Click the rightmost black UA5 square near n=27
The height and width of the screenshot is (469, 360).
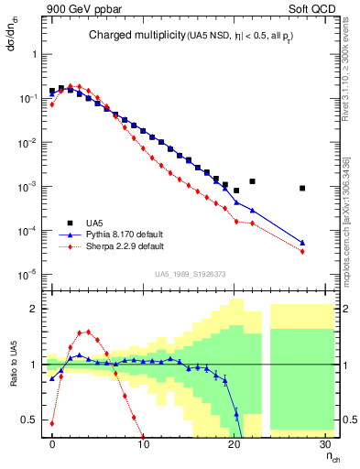coord(301,188)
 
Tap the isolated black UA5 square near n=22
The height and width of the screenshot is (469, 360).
coord(252,181)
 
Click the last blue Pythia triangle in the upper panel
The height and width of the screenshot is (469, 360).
coord(301,243)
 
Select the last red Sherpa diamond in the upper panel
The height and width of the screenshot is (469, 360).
coord(301,251)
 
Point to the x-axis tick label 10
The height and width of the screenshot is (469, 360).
coord(144,445)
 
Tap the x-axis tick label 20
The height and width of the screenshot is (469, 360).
coord(235,445)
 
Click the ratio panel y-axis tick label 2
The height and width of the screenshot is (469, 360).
coord(38,309)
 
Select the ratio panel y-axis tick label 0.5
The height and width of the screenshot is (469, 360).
coord(35,420)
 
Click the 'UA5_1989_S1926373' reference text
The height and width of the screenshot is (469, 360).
coord(190,274)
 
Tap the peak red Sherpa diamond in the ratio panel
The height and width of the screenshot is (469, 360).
coord(88,332)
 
